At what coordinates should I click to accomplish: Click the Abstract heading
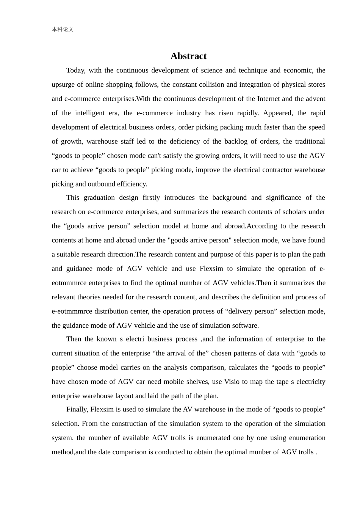[x=188, y=56]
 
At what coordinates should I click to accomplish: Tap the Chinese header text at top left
[x=63, y=29]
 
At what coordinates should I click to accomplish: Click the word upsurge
[x=63, y=84]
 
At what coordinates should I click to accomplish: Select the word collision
[x=212, y=84]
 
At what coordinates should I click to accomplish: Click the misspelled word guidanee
[x=79, y=269]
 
